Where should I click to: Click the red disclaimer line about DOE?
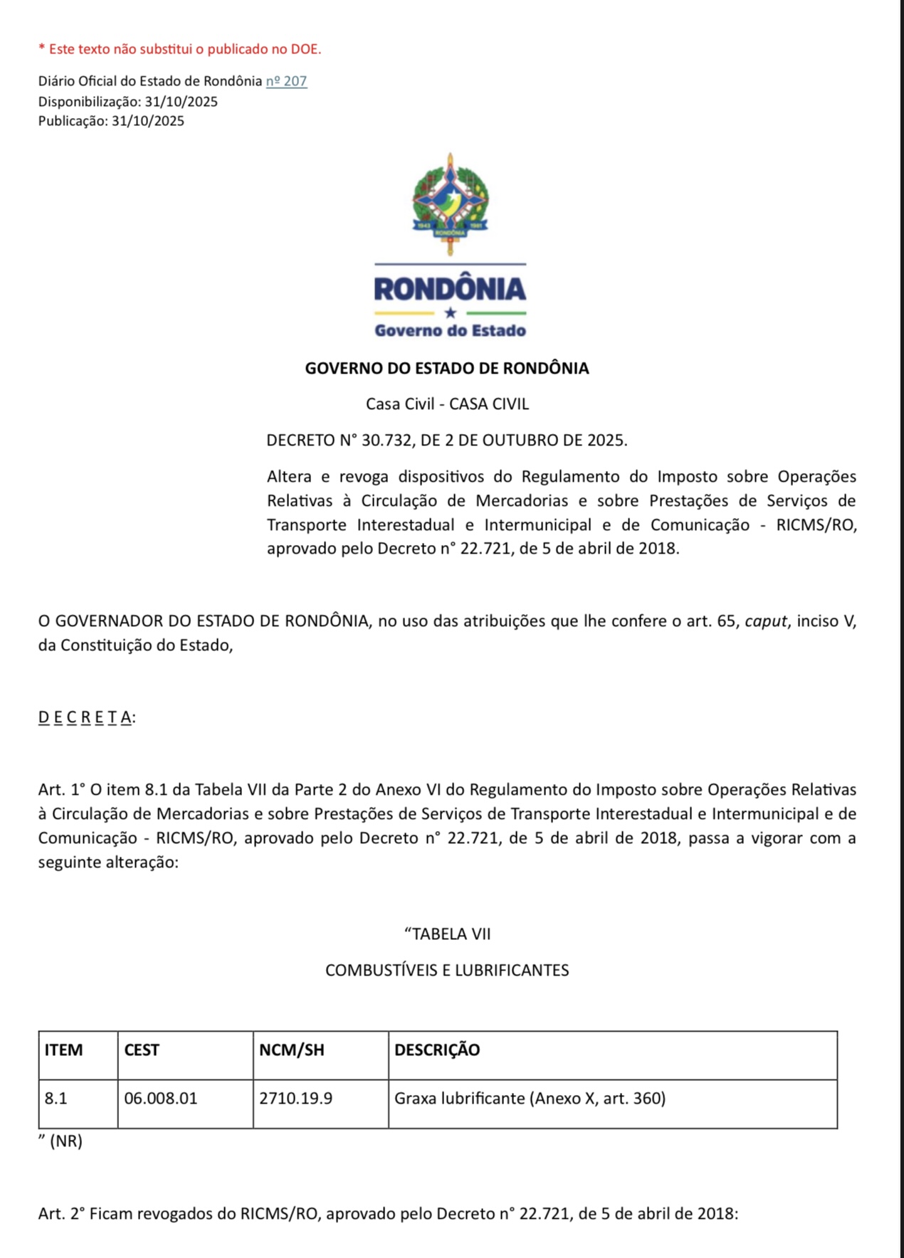click(179, 49)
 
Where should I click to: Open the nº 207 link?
click(286, 81)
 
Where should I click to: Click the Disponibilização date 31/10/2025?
click(181, 101)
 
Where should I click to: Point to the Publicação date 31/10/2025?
click(147, 121)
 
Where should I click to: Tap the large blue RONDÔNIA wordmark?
click(450, 288)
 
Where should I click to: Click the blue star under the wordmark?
click(450, 312)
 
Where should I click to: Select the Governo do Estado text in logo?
click(450, 330)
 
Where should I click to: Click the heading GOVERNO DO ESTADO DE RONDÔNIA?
click(447, 369)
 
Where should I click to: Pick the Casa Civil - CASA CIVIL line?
click(447, 404)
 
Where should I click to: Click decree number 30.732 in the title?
click(387, 440)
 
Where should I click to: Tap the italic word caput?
click(765, 621)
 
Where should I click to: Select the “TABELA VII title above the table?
click(447, 934)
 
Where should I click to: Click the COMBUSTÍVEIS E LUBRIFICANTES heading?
click(447, 971)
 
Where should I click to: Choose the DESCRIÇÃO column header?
click(437, 1050)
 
